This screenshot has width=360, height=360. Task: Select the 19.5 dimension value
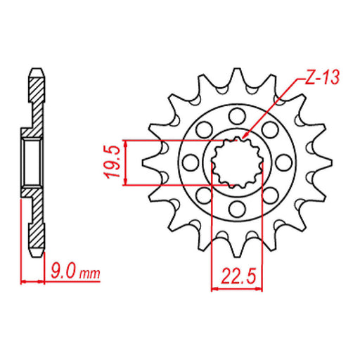[x=110, y=162]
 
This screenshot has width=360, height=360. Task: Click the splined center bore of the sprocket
[x=237, y=162]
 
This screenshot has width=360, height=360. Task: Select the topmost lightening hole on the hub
[x=238, y=113]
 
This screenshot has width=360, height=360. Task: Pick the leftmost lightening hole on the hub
[x=188, y=162]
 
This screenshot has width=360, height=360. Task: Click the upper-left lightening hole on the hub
[x=205, y=129]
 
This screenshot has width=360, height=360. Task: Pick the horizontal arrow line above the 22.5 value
[x=237, y=286]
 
